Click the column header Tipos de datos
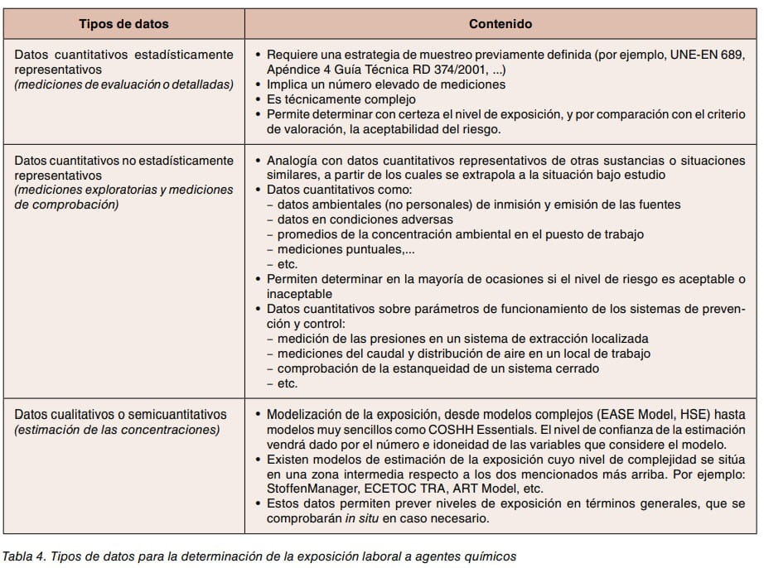[123, 24]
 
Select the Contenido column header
[500, 24]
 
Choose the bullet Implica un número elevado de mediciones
[385, 84]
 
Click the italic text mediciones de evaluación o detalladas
[124, 84]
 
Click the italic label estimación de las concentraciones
[117, 429]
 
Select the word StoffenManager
[307, 489]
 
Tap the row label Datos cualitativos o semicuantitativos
[121, 414]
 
